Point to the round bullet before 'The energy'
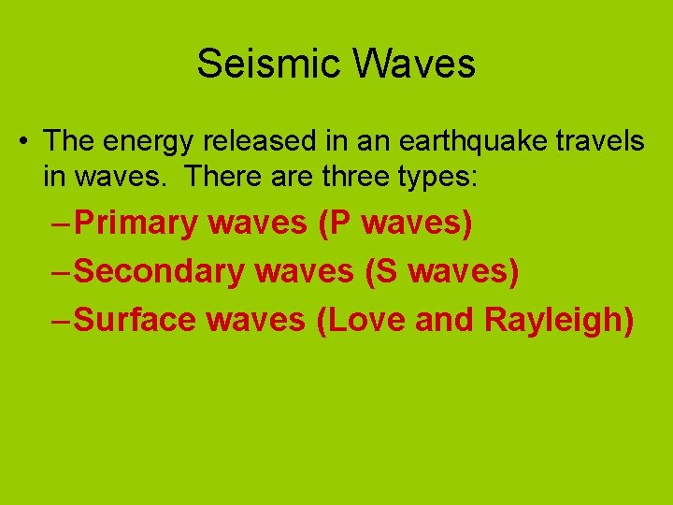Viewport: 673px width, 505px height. point(22,142)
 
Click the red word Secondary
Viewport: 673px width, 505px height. point(158,272)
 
